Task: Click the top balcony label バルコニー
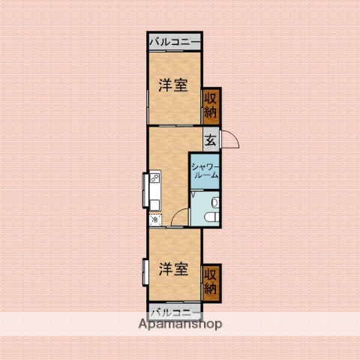coord(174,41)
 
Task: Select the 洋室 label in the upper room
coord(173,85)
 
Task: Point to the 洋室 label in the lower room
coord(173,269)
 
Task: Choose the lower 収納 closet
coord(211,280)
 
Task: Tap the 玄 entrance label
coord(211,139)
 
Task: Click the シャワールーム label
coord(204,170)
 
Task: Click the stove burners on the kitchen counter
coord(154,178)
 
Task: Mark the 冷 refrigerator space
coord(154,220)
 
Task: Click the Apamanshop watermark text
coord(179,325)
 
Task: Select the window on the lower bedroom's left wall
coord(144,271)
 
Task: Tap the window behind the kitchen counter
coord(144,190)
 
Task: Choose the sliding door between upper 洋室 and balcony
coord(174,52)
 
